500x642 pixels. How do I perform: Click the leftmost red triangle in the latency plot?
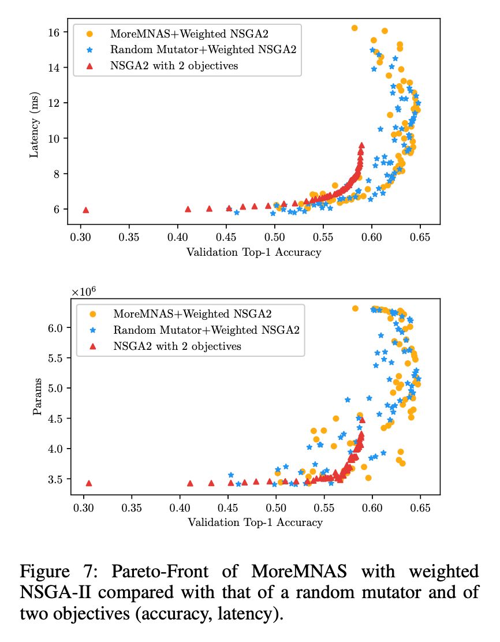point(86,210)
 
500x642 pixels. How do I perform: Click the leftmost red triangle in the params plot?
point(89,483)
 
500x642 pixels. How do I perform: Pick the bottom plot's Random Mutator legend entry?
point(207,330)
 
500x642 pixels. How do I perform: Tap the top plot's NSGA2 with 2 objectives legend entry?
point(174,66)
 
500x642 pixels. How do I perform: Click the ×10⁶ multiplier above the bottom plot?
point(84,292)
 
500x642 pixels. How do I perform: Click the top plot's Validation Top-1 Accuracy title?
point(253,252)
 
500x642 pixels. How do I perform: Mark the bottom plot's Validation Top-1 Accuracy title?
point(255,522)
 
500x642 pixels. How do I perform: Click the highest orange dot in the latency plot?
point(355,28)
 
